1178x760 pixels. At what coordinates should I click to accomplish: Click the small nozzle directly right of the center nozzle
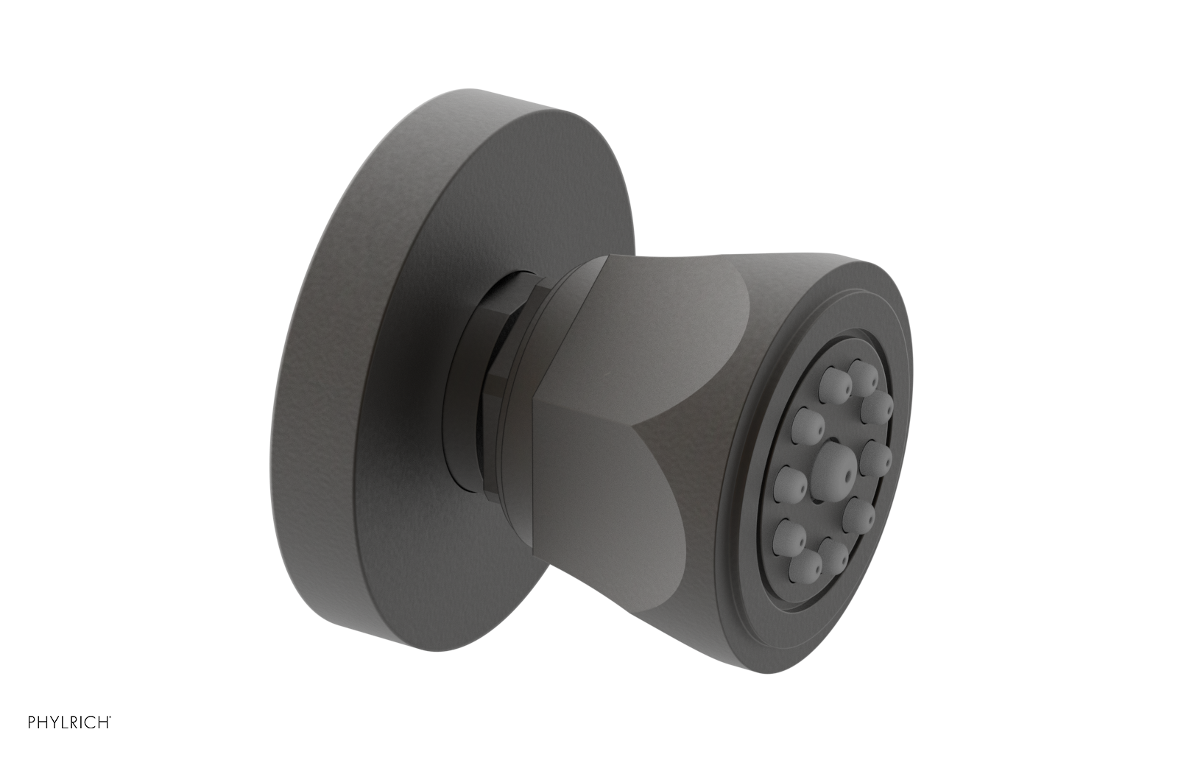pos(875,458)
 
